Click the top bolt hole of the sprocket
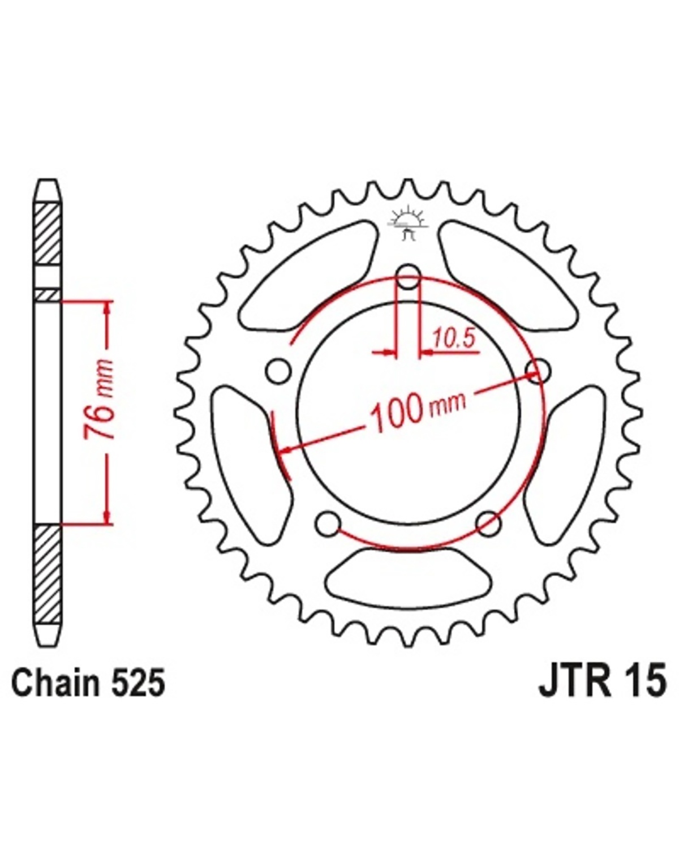pos(409,278)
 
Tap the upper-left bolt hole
pos(277,371)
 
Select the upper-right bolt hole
pos(538,371)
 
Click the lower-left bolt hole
pos(327,524)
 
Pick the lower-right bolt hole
pos(488,524)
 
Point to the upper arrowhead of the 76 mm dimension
pos(107,309)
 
